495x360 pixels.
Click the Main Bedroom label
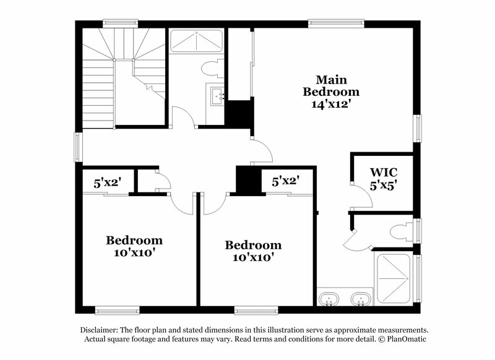(x=330, y=92)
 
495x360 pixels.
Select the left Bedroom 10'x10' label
(x=134, y=246)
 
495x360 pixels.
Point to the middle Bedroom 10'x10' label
(x=252, y=251)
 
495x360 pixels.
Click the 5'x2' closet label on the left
(x=107, y=182)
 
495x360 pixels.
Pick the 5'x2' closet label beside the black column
(x=286, y=181)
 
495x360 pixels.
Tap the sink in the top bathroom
(x=217, y=96)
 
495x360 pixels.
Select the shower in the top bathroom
(x=197, y=42)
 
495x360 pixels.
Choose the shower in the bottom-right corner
(x=394, y=277)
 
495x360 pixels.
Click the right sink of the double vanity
(x=361, y=300)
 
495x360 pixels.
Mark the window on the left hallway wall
(x=78, y=147)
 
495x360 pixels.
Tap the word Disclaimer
(x=102, y=330)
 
